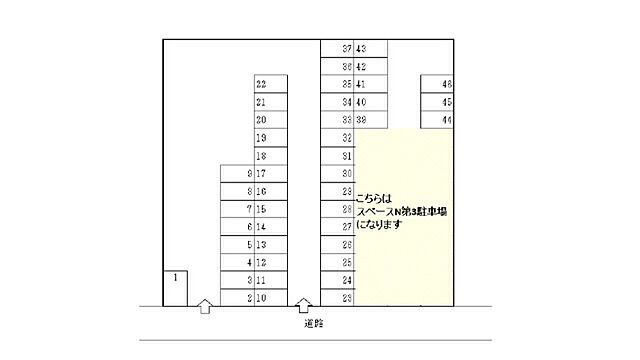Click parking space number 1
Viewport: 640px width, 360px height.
[176, 287]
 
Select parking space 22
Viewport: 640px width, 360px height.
[271, 85]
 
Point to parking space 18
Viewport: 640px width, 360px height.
[271, 156]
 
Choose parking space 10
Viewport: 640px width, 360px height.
[271, 297]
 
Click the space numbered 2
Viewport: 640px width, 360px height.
[237, 297]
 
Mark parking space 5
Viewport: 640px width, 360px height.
[237, 244]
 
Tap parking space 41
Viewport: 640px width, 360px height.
[370, 84]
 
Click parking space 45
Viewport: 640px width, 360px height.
[438, 102]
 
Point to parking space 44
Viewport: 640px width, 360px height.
[438, 120]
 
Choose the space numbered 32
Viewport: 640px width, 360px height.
[337, 137]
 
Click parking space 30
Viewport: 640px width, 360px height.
[337, 173]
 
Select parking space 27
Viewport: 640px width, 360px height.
[337, 227]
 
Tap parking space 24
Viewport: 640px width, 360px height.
[337, 280]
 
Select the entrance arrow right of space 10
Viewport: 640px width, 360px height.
[304, 306]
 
